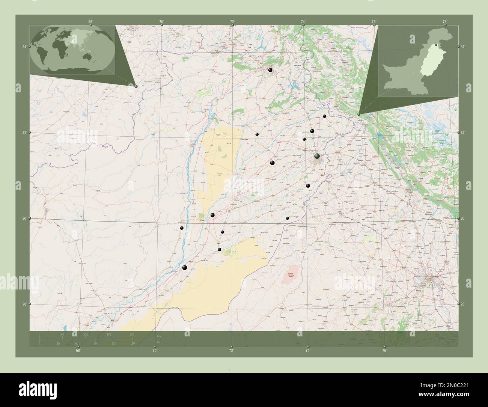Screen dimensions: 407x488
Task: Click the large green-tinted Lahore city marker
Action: tap(317, 156)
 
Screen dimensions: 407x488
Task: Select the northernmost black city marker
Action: tap(270, 70)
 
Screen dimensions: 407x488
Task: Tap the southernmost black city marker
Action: tap(184, 267)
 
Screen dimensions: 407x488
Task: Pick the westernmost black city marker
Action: tap(182, 228)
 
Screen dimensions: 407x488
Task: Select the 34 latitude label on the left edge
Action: tap(24, 47)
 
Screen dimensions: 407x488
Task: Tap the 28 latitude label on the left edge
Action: tap(24, 304)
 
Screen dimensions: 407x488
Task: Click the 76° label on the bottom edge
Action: tap(384, 351)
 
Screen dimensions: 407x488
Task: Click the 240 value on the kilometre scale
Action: tap(132, 334)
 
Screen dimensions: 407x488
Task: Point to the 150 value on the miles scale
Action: tap(132, 344)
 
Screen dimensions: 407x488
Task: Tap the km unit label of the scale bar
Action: tap(159, 336)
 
